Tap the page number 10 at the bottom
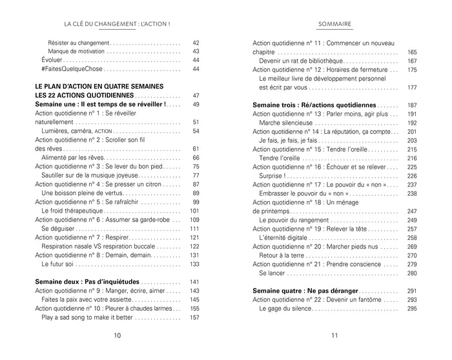[x=117, y=335]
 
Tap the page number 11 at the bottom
[x=334, y=335]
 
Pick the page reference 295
[x=412, y=308]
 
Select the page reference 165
[x=412, y=52]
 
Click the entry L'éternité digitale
[x=284, y=237]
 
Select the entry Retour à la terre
[x=283, y=255]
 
